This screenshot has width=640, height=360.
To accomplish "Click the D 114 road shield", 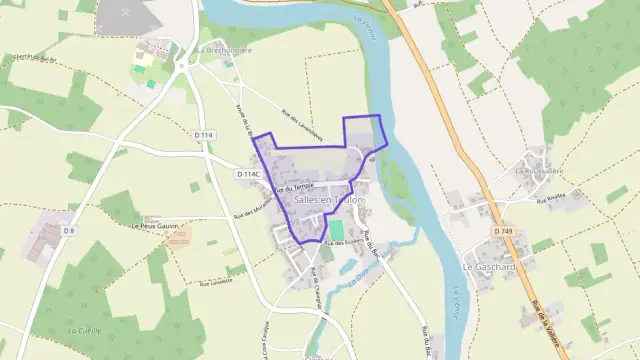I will (204, 135).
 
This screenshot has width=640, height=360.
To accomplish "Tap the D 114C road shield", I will (249, 174).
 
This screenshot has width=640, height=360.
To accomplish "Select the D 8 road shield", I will (68, 231).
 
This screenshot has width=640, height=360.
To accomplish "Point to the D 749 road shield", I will (502, 232).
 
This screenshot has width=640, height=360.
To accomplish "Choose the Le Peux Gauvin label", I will (160, 227).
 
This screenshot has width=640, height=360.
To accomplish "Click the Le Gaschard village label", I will (488, 267).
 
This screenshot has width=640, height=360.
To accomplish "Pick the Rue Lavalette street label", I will (217, 283).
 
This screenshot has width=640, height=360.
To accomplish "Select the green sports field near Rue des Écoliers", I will (326, 254).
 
